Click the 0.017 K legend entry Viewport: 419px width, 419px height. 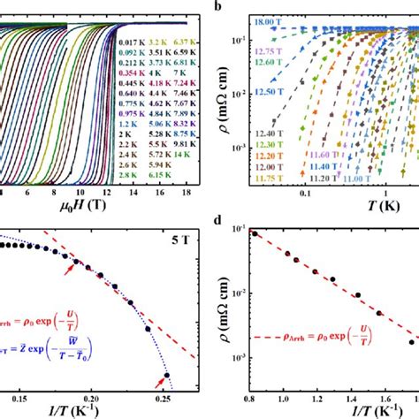(x=131, y=42)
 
